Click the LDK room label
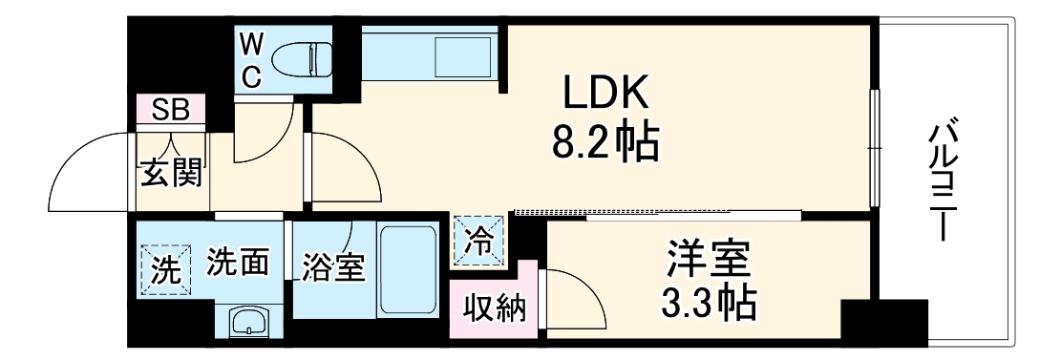(605, 94)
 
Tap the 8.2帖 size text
(605, 143)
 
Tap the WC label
(250, 59)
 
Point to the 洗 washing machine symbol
(164, 271)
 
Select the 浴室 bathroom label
(334, 268)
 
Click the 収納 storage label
(495, 307)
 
